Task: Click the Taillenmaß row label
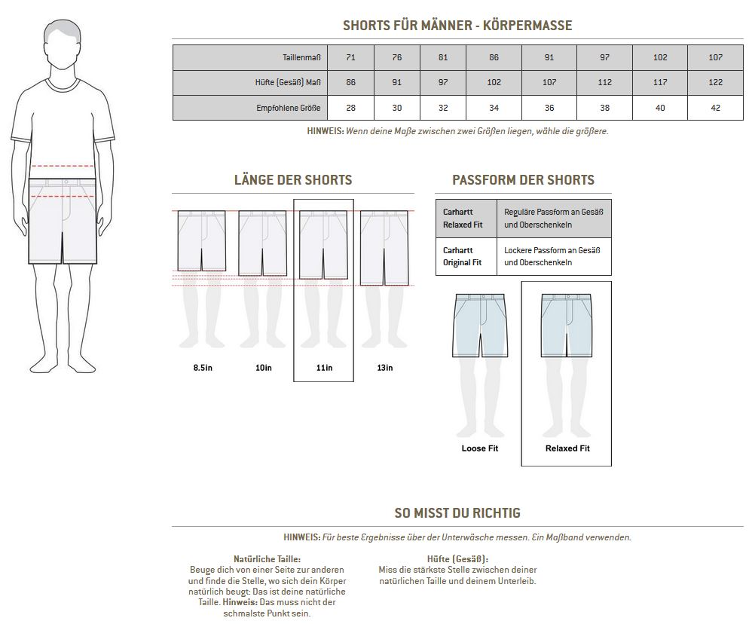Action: tap(301, 57)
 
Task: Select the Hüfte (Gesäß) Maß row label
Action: tap(288, 82)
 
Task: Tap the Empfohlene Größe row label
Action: tap(288, 108)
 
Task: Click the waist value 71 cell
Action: tap(350, 57)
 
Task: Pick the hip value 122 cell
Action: tap(715, 82)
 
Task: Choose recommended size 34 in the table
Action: tap(494, 108)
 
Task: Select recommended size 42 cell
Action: tap(715, 108)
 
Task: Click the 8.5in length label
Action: tap(203, 368)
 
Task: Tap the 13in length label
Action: tap(385, 368)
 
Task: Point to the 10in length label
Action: tap(263, 368)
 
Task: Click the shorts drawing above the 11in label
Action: tap(323, 245)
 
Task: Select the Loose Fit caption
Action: tap(479, 448)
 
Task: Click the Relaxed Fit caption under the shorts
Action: tap(567, 448)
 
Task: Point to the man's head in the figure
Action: tap(63, 44)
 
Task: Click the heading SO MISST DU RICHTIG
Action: tap(457, 513)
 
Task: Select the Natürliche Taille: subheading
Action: tap(267, 558)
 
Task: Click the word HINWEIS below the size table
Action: tap(325, 131)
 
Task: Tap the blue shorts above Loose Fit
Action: tap(479, 326)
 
